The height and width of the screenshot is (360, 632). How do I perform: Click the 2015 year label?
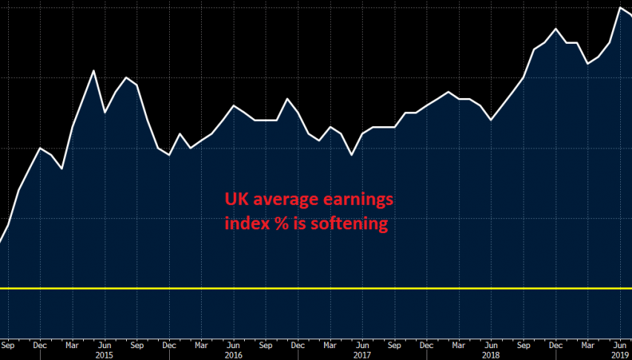pyautogui.click(x=105, y=354)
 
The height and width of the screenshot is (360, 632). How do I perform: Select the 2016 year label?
pyautogui.click(x=234, y=354)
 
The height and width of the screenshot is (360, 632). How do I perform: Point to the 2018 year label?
pyautogui.click(x=490, y=354)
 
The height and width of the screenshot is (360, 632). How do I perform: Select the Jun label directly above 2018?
pyautogui.click(x=490, y=344)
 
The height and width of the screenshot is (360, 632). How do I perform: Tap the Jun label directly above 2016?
pyautogui.click(x=234, y=344)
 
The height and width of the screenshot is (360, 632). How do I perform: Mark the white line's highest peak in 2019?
pyautogui.click(x=620, y=7)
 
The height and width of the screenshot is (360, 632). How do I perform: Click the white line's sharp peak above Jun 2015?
pyautogui.click(x=93, y=71)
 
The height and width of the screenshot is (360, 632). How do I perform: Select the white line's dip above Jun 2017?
pyautogui.click(x=352, y=154)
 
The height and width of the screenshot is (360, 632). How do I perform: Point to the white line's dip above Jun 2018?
pyautogui.click(x=491, y=120)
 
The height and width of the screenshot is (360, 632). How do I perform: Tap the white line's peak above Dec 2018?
pyautogui.click(x=556, y=29)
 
